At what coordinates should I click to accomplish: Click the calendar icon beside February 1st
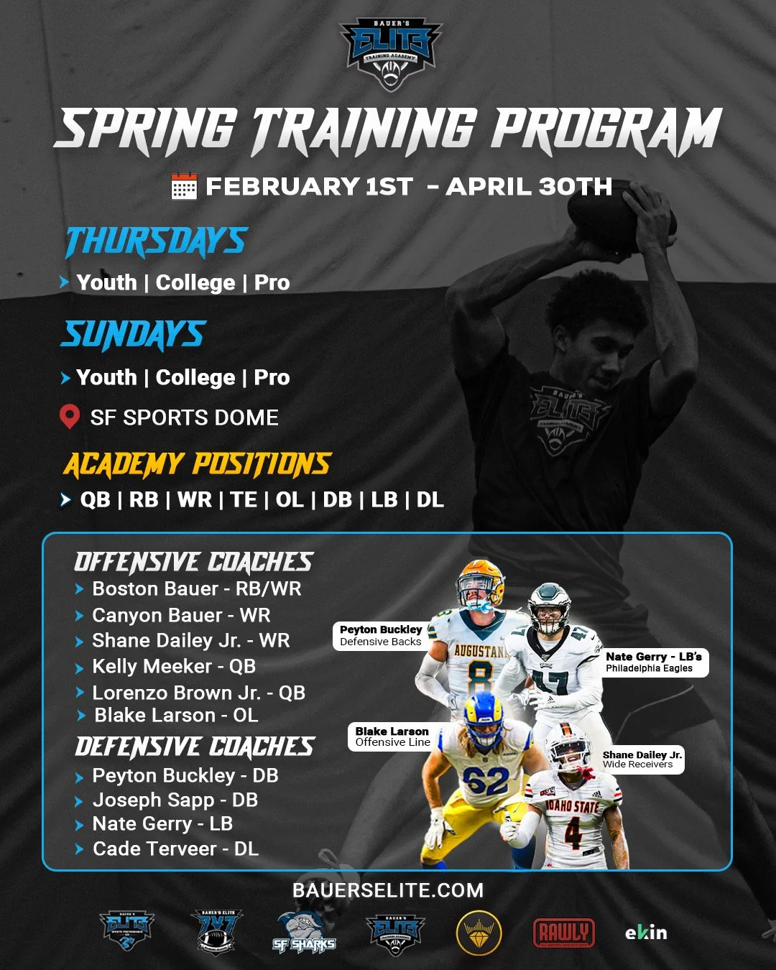pos(184,186)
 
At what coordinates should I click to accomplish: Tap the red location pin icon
pos(69,417)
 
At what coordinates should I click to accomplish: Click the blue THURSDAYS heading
pos(156,241)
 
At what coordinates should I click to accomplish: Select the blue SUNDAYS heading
pos(134,335)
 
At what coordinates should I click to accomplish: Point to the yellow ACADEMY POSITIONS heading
pos(197,465)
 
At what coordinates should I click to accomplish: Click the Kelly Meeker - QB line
pos(173,667)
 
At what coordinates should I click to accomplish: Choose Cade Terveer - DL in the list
pos(175,849)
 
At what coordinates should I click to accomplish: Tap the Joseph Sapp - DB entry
pos(175,800)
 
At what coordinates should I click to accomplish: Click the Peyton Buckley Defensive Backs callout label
pos(380,635)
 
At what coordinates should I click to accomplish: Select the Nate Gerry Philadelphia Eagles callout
pos(653,662)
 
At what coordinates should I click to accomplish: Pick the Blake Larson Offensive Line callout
pos(392,736)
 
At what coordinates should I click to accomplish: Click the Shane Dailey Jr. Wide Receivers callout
pos(642,759)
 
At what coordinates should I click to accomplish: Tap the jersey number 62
pos(486,780)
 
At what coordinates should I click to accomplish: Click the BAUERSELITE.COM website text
pos(388,890)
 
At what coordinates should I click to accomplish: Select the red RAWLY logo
pos(564,933)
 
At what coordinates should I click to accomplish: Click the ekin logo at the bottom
pos(646,933)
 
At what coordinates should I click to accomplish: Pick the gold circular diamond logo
pos(479,933)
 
